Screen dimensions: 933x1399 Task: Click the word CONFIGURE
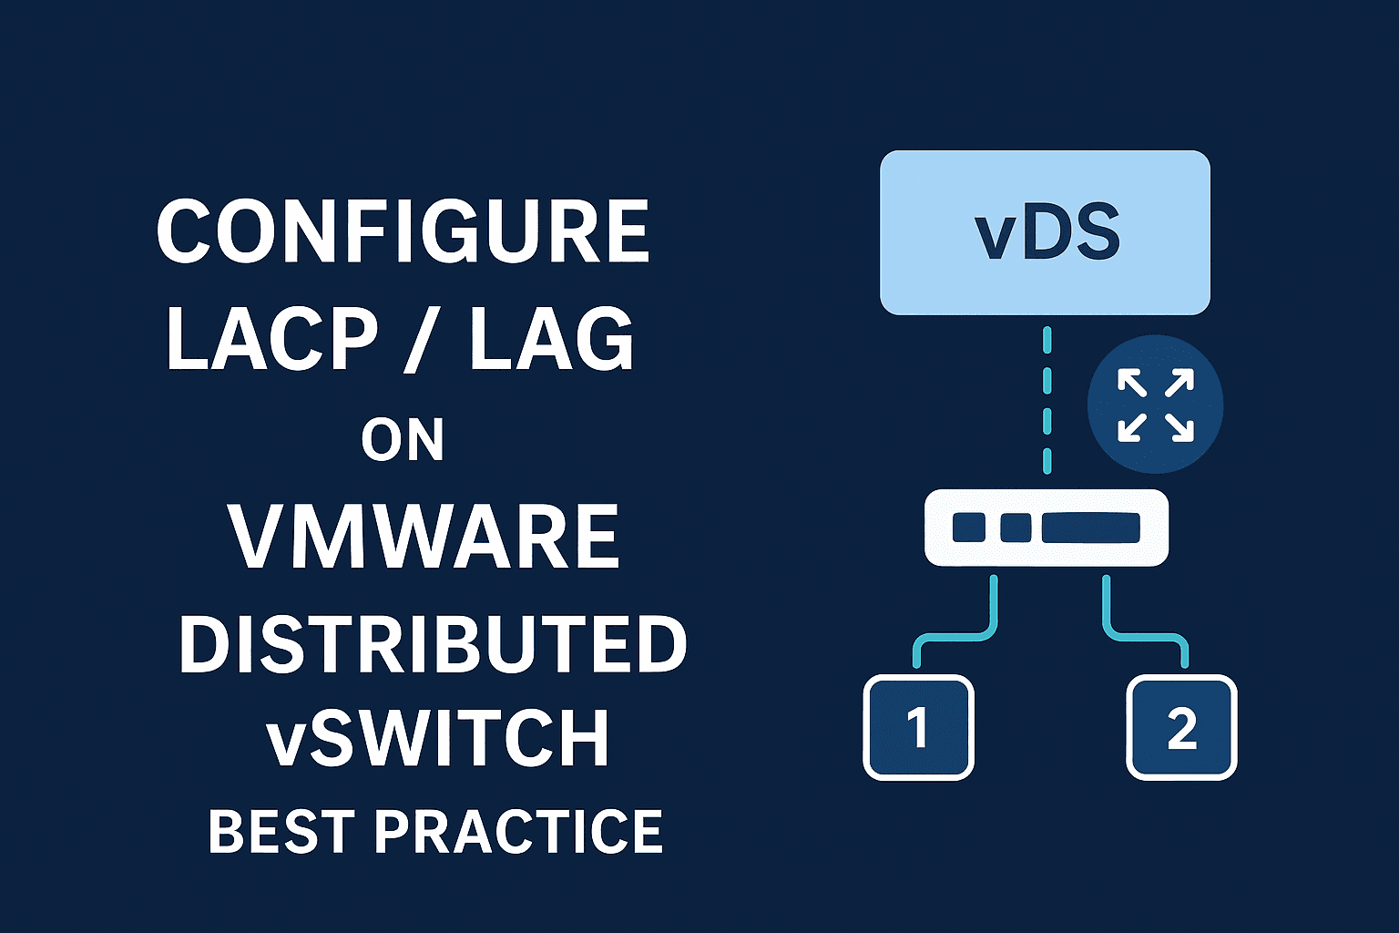point(403,231)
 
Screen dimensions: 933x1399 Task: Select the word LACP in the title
point(271,339)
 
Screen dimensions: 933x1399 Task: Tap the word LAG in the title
point(551,339)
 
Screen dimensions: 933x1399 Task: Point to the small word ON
point(403,441)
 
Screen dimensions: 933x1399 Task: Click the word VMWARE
point(424,538)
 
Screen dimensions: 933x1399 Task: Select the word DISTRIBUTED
point(433,645)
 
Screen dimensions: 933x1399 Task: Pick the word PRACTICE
point(518,831)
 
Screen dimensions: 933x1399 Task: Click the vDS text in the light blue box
point(1047,233)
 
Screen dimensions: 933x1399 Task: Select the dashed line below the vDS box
point(1047,401)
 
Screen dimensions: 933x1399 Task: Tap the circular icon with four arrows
point(1155,405)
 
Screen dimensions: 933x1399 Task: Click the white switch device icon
point(1047,528)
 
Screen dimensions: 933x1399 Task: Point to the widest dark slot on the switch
point(1090,528)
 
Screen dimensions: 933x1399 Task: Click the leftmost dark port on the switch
point(968,528)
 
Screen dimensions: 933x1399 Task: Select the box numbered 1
point(918,728)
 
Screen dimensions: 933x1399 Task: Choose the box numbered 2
point(1181,728)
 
